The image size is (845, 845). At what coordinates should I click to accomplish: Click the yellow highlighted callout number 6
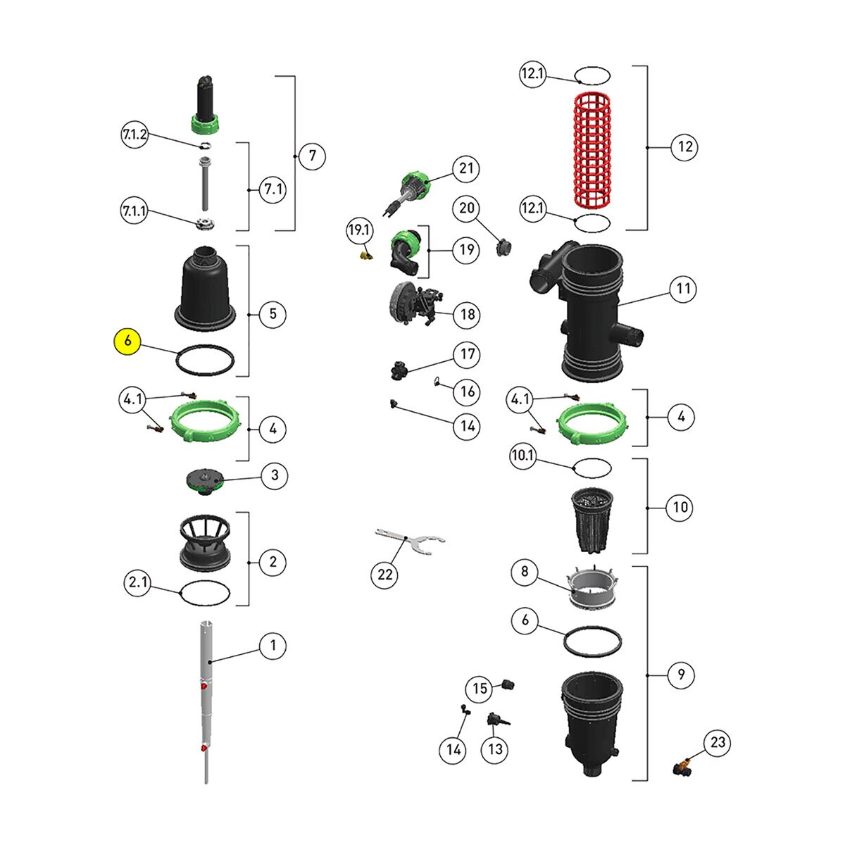[127, 340]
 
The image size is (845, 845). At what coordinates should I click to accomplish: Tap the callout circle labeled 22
[385, 575]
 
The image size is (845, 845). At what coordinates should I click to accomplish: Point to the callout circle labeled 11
[683, 288]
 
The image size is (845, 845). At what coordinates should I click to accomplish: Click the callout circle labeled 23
[718, 742]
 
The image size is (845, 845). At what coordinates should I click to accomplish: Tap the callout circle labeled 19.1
[359, 230]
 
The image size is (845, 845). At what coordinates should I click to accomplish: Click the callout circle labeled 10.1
[523, 456]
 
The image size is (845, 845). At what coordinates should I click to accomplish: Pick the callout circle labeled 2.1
[137, 582]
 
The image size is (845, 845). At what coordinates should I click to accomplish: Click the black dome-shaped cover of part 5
[204, 289]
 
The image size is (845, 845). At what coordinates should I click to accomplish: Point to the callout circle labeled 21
[466, 168]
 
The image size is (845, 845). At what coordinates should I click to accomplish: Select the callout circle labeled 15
[480, 688]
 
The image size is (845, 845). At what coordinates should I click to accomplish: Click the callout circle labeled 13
[495, 749]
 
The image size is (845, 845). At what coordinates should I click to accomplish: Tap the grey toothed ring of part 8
[593, 589]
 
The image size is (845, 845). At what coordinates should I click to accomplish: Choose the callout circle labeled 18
[468, 314]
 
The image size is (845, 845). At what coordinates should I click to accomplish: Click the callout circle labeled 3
[275, 475]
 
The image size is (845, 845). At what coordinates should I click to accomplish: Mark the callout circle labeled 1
[273, 645]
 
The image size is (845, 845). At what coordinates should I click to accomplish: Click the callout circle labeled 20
[468, 208]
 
